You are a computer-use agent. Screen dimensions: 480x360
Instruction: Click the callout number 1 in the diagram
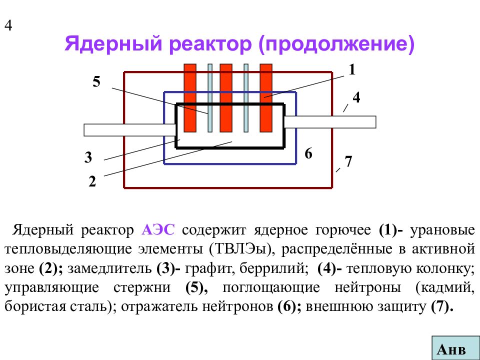click(352, 69)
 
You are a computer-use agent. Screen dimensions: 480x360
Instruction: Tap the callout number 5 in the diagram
click(96, 81)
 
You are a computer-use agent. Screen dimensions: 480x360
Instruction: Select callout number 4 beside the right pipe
click(356, 97)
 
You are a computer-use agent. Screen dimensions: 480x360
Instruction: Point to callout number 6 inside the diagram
click(308, 153)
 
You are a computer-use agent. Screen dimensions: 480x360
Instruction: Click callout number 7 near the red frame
click(348, 161)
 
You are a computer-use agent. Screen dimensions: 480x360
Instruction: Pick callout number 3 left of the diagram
click(88, 157)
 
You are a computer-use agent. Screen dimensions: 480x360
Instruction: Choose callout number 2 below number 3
click(92, 181)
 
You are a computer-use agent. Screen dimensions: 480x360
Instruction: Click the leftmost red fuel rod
click(190, 98)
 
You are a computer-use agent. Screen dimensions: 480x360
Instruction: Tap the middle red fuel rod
click(226, 98)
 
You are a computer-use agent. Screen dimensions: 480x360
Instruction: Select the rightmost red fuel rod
click(265, 98)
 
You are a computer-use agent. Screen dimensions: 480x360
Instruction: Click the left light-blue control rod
click(210, 98)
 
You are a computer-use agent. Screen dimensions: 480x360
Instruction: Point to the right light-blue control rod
click(246, 98)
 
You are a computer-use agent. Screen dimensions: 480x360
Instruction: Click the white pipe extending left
click(130, 130)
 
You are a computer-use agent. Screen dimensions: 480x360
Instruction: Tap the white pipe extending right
click(330, 122)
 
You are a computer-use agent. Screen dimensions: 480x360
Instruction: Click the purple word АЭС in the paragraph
click(158, 229)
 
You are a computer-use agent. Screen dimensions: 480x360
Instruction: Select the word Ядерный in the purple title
click(113, 43)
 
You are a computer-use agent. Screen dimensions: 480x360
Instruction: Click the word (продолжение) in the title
click(336, 44)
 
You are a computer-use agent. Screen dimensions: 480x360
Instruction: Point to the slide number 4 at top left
click(8, 25)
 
